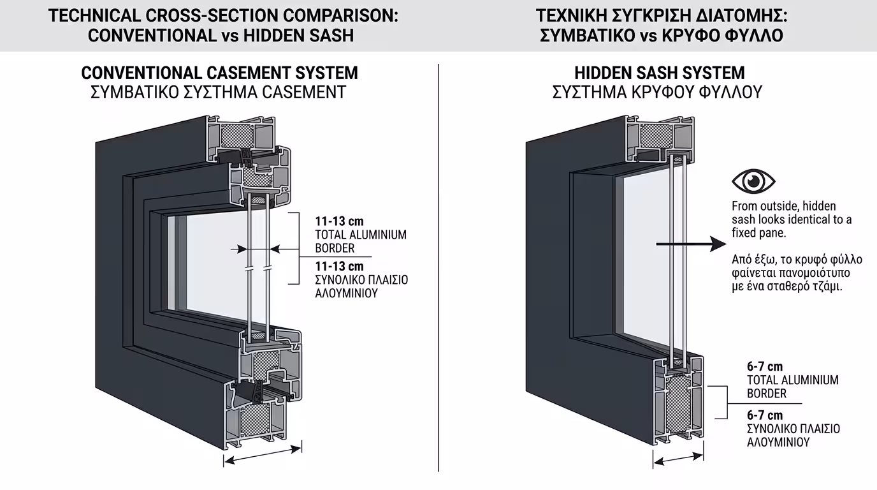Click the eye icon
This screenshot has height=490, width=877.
click(x=753, y=181)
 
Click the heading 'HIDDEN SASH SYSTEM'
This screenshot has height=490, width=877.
click(x=659, y=73)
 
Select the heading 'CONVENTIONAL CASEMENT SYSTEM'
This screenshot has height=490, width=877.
click(x=219, y=73)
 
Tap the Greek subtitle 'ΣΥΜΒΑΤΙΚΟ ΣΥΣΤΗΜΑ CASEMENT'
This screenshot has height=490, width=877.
click(x=218, y=93)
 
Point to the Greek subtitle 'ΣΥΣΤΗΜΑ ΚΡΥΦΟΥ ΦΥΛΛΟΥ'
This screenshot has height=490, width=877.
click(x=657, y=93)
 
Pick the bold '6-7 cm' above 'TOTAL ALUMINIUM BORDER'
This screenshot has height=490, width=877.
click(x=765, y=367)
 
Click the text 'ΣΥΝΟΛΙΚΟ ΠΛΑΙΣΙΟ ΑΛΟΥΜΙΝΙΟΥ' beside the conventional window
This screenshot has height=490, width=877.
click(x=361, y=286)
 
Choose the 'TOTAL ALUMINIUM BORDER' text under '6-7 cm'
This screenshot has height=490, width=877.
click(x=792, y=387)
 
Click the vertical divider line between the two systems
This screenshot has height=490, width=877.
click(x=438, y=268)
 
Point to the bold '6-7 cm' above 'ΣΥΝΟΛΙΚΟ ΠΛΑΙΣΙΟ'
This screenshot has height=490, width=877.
click(x=765, y=416)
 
